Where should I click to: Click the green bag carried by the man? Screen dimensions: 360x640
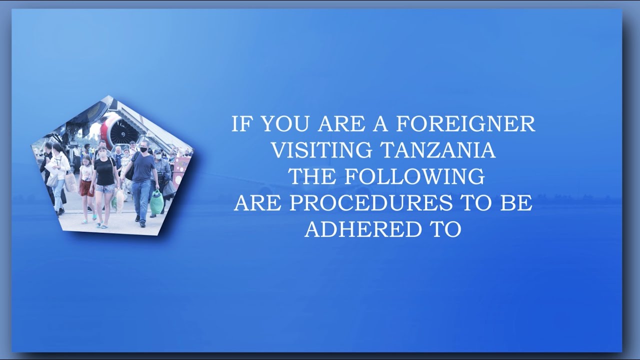click(156, 202)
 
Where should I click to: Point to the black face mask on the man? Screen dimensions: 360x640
click(144, 149)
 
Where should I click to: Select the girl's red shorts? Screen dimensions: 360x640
click(86, 187)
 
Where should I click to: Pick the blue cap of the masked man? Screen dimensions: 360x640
click(158, 151)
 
